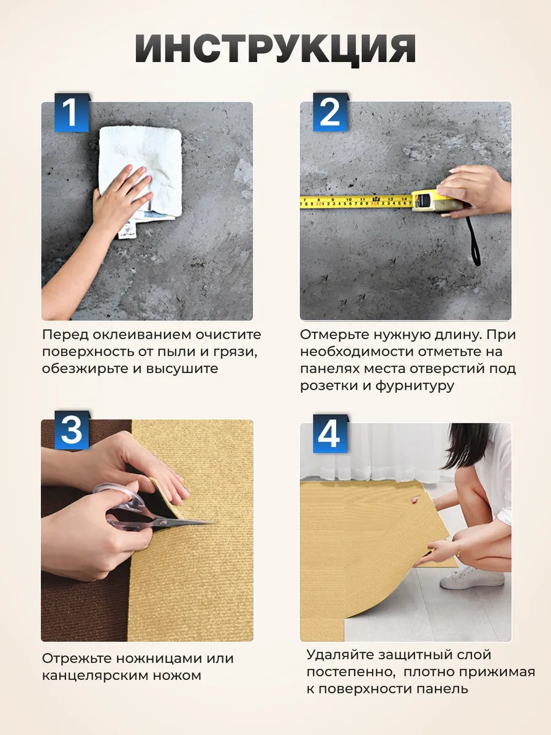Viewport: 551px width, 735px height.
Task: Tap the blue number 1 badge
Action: (72, 113)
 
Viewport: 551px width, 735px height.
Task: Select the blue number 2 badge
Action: (330, 112)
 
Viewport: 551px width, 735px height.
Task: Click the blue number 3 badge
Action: (72, 430)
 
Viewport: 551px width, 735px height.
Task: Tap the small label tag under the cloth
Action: (127, 230)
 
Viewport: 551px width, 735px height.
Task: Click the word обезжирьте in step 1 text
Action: (84, 369)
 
